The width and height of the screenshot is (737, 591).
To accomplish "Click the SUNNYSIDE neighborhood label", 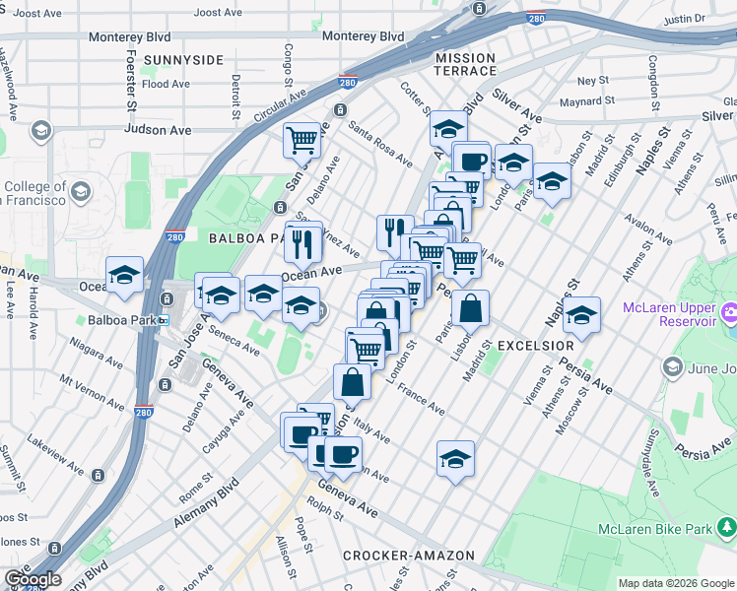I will (183, 60).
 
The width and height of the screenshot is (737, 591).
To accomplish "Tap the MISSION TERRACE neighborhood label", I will (466, 65).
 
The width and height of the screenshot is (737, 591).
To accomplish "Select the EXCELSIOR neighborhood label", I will (535, 346).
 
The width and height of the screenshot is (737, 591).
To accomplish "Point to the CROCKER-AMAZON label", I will (409, 557).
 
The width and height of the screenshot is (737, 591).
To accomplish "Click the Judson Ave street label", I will (158, 129).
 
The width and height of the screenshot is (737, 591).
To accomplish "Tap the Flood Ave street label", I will (166, 85).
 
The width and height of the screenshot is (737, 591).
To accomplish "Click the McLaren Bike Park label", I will (655, 530).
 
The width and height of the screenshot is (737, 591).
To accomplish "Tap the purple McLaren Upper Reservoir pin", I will (729, 314).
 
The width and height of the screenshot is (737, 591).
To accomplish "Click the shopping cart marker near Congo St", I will (301, 139).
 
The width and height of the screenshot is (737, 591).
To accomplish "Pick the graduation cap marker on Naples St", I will (582, 315).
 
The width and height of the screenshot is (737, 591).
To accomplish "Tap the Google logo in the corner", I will (32, 579).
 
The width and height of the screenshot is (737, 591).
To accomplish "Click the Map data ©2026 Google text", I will (675, 583).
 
